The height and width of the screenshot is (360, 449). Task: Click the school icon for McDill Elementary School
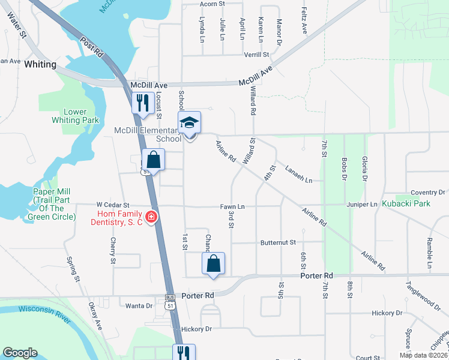(x=189, y=124)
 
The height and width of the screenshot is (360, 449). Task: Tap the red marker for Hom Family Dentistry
(x=152, y=217)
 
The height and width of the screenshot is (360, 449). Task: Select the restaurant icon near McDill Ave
(x=142, y=103)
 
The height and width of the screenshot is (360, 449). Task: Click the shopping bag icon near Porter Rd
(x=214, y=263)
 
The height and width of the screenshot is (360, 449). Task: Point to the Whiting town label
(x=41, y=64)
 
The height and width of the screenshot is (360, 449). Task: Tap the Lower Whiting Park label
(x=75, y=116)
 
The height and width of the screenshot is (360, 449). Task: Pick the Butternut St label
(x=279, y=242)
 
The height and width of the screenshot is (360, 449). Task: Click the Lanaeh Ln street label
(x=299, y=174)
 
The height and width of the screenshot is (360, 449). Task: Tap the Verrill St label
(x=257, y=55)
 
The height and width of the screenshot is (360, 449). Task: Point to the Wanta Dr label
(x=139, y=306)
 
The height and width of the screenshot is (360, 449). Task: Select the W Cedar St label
(x=113, y=206)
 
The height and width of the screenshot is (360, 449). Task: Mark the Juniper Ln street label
(x=361, y=205)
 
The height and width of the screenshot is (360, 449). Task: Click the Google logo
(x=20, y=353)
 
